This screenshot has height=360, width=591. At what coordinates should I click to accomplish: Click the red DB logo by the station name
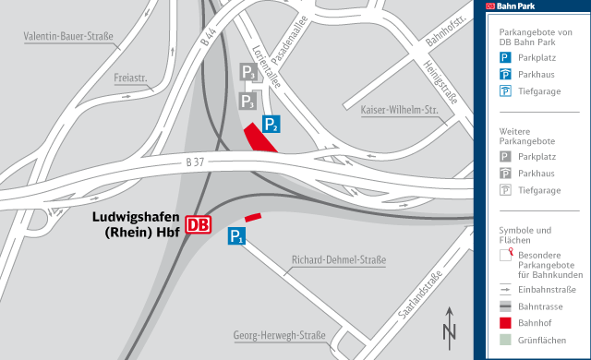[199, 224]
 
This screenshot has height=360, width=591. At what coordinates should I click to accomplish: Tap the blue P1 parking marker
[236, 236]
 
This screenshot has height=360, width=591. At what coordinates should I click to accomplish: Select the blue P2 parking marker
[271, 124]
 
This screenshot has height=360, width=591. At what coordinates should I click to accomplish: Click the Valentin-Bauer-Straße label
[68, 38]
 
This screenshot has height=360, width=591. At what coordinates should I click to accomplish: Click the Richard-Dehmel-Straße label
[338, 260]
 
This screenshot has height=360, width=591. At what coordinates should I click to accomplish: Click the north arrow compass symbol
[449, 325]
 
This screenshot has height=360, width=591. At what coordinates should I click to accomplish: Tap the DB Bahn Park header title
[517, 6]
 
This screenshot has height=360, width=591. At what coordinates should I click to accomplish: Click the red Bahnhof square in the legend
[505, 323]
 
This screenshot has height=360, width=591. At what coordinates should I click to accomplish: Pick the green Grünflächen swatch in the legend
[505, 342]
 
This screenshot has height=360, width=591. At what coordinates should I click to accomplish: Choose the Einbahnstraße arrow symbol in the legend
[505, 288]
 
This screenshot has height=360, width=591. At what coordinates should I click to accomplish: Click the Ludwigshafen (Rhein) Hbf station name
[136, 224]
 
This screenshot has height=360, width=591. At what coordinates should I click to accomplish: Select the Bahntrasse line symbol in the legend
[505, 306]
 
